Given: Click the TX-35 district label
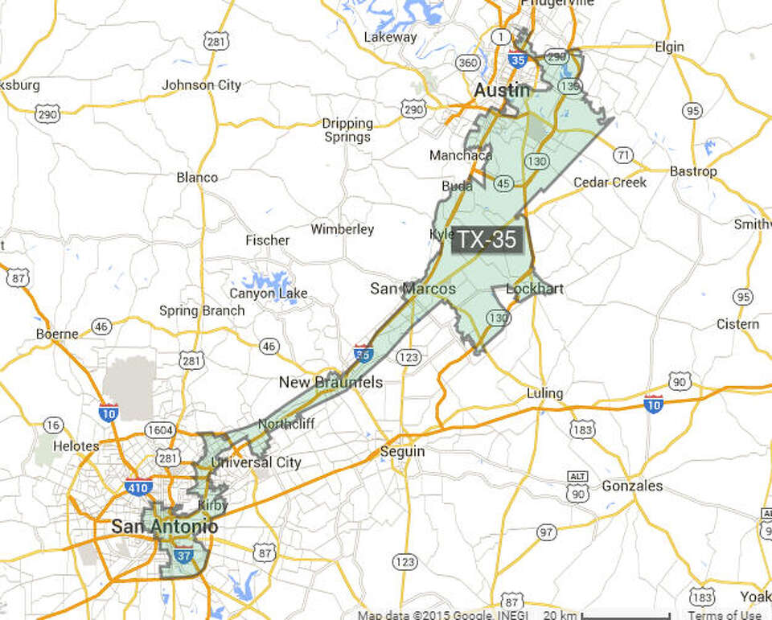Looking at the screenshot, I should pos(487,240).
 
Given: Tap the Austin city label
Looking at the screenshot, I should pos(503,90).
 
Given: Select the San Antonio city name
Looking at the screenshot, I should pos(164,527).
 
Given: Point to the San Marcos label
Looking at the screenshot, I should pos(413,289).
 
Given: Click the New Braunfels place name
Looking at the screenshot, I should pos(331,382).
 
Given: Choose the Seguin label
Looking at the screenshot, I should pos(402,451).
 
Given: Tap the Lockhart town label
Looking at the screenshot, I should pos(535,289).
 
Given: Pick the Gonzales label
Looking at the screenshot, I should pos(633,486).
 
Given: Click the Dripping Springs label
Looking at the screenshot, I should pos(347,130).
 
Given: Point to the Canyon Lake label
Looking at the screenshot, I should pos(269,294).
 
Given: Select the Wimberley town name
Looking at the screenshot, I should pos(343,229).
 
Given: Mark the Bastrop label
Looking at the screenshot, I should pos(693,171).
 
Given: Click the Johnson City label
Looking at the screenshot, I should pos(201,84).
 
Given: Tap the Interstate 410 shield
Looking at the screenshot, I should pos(138,487).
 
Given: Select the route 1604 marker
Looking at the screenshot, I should pos(161,430).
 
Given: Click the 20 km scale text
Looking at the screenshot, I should pos(561,615).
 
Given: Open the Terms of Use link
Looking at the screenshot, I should pos(725,615).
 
